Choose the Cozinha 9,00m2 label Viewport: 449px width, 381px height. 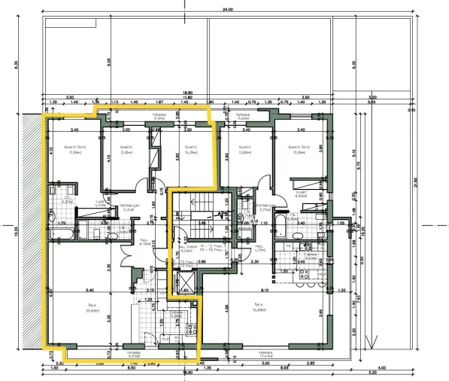(309, 257)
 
